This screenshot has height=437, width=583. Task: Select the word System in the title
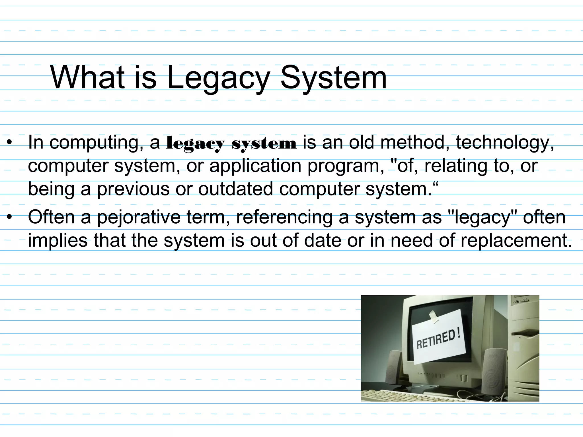[x=334, y=77]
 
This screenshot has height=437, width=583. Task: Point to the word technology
[x=505, y=142]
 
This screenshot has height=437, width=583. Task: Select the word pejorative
[x=139, y=217]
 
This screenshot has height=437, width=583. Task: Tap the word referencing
[x=284, y=217]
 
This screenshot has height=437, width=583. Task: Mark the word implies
[x=58, y=240]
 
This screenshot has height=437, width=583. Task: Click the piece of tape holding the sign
[x=434, y=316]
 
